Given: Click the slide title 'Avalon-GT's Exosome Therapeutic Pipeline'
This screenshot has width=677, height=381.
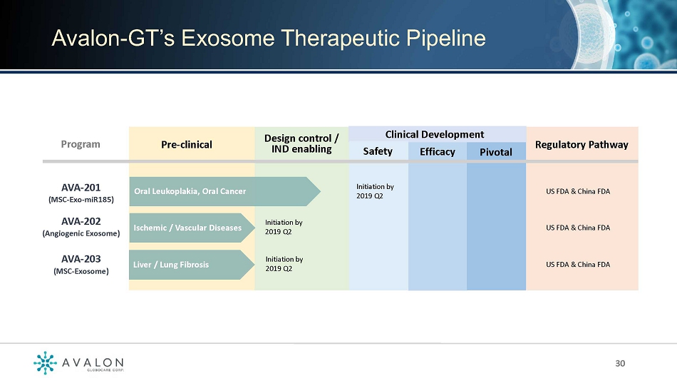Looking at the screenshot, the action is coord(269,38).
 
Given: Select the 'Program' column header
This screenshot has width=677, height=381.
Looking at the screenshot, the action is coord(81,144).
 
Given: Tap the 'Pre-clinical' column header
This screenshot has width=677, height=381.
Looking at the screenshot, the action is coord(187,144).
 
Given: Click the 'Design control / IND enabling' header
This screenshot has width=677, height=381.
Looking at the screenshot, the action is coord(301,143).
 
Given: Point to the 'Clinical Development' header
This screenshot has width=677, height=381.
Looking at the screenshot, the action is coord(435,135).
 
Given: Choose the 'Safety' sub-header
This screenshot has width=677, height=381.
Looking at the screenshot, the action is coord(378,151).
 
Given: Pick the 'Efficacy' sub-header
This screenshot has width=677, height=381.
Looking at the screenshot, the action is coord(438,152).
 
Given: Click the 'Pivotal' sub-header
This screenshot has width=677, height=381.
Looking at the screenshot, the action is coord(496,152).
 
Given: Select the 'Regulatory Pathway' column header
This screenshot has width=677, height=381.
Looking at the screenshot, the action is coord(582,144).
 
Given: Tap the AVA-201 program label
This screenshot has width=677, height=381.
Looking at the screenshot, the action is coord(81,193).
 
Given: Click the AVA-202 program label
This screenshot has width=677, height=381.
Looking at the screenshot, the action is coord(81,227).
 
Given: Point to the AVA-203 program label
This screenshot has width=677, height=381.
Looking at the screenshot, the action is coord(81,264).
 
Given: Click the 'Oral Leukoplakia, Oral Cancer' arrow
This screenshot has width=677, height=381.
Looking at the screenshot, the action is coord(224,191).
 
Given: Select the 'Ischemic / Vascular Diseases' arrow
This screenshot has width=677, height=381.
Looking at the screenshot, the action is coord(192,228).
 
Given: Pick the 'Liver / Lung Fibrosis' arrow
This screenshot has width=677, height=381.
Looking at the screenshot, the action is coord(192,265).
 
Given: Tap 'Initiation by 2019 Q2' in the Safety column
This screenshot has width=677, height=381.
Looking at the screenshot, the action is coord(375,191).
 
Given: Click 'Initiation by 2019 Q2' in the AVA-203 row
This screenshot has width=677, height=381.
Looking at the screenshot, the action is coord(284,264).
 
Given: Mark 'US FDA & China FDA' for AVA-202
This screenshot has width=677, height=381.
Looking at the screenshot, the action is coord(578,228).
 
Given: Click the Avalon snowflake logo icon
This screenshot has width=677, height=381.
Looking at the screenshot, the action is coord(45,362).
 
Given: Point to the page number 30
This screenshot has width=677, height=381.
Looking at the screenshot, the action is coord(620,363).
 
